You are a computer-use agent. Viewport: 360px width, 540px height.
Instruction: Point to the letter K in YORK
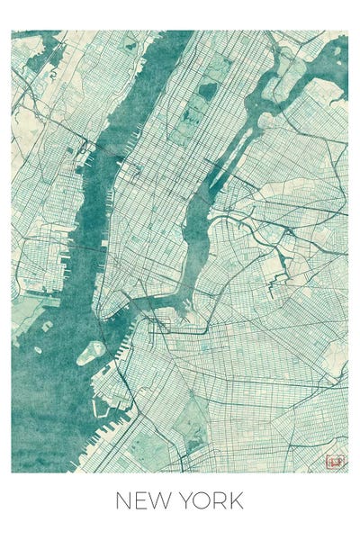pos(235,500)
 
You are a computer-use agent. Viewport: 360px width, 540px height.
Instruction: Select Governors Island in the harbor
pos(91,352)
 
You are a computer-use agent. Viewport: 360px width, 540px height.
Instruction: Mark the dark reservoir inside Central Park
pos(206,91)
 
